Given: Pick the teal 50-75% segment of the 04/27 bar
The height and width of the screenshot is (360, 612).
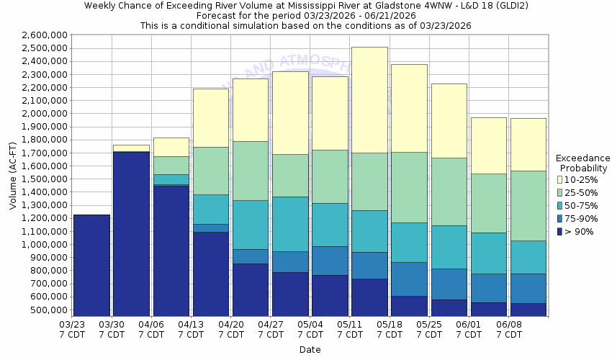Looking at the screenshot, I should pyautogui.click(x=290, y=224).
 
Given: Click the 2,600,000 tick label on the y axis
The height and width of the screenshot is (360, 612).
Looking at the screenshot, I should pyautogui.click(x=45, y=35).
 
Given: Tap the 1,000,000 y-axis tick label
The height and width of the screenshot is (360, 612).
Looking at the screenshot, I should pyautogui.click(x=45, y=245).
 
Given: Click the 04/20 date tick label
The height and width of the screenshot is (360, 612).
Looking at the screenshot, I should pyautogui.click(x=230, y=329).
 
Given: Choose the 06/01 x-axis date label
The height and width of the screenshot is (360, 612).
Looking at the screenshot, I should pyautogui.click(x=469, y=329).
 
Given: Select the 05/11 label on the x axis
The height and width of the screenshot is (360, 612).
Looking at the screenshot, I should pyautogui.click(x=350, y=329).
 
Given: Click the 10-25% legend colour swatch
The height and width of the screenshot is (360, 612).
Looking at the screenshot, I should pyautogui.click(x=559, y=179).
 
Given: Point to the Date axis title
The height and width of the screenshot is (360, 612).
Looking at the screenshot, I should pyautogui.click(x=310, y=350).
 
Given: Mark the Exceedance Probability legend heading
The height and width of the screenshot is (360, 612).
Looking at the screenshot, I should pyautogui.click(x=583, y=163).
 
